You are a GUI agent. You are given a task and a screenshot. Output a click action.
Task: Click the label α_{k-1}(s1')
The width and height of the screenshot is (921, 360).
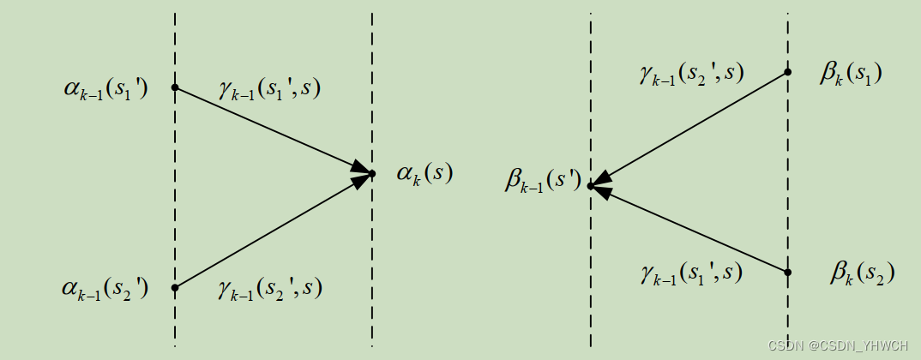[x=105, y=89]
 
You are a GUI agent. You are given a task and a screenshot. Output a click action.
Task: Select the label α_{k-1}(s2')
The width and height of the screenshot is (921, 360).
[x=105, y=289]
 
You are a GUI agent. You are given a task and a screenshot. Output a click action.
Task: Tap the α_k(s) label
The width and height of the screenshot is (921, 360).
[x=424, y=174]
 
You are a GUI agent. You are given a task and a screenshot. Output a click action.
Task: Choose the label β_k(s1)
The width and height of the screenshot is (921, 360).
[x=851, y=75]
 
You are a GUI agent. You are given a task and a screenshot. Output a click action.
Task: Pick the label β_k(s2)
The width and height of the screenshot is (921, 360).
[x=862, y=273]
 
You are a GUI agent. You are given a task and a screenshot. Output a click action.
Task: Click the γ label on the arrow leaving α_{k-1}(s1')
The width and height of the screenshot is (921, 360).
[x=268, y=89]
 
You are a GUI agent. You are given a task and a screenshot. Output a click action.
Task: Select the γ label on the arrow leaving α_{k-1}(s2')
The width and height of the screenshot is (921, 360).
[x=269, y=289]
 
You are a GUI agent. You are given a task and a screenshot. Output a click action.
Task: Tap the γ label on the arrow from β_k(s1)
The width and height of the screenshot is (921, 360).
[x=690, y=75]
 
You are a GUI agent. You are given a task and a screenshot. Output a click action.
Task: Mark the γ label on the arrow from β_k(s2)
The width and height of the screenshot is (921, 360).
[x=690, y=273]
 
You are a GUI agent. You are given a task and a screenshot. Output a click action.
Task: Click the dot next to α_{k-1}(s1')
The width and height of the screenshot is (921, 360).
[x=175, y=87]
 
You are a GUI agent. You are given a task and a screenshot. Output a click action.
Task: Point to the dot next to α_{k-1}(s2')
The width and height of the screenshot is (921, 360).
[x=175, y=287]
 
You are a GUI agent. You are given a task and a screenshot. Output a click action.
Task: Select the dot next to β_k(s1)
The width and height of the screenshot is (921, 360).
[x=787, y=73]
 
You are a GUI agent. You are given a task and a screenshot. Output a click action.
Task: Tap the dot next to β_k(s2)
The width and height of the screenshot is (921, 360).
[x=787, y=273]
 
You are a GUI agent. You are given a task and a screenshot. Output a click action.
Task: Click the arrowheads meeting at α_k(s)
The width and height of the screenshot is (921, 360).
[x=363, y=174]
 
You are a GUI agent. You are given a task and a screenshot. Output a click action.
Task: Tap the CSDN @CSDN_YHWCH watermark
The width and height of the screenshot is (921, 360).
[x=839, y=346]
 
